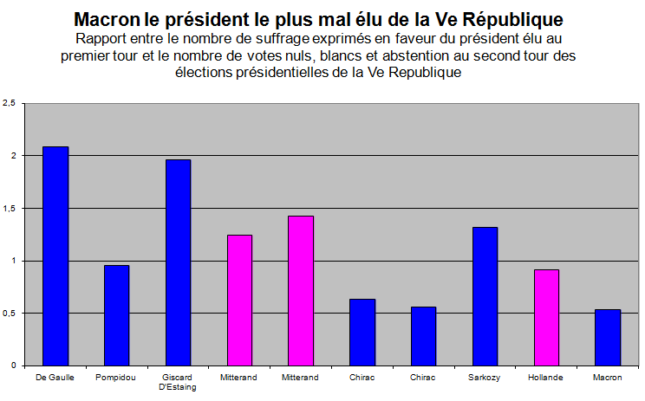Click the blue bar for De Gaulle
pyautogui.click(x=55, y=255)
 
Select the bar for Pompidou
pyautogui.click(x=116, y=315)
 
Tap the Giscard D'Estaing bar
pyautogui.click(x=178, y=262)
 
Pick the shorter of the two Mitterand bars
pyautogui.click(x=239, y=300)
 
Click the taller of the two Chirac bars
pyautogui.click(x=362, y=332)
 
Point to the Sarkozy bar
pyautogui.click(x=485, y=296)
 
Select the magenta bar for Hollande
pyautogui.click(x=546, y=317)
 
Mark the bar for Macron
pyautogui.click(x=608, y=337)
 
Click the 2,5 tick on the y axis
pyautogui.click(x=10, y=103)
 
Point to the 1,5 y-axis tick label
pyautogui.click(x=10, y=208)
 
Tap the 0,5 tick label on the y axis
pyautogui.click(x=10, y=313)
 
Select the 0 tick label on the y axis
pyautogui.click(x=14, y=365)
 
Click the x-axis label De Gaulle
pyautogui.click(x=55, y=378)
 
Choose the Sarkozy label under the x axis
pyautogui.click(x=485, y=378)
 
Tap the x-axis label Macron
pyautogui.click(x=608, y=378)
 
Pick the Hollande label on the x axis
pyautogui.click(x=546, y=378)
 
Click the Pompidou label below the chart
pyautogui.click(x=116, y=378)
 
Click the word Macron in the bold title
pyautogui.click(x=107, y=19)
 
